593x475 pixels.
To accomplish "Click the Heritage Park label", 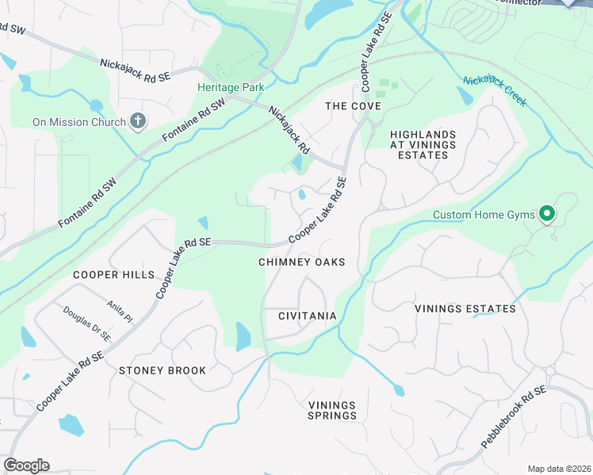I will point(231,87).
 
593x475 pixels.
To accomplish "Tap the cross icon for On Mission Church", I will point(138,122).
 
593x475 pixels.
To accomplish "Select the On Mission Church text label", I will point(79,122).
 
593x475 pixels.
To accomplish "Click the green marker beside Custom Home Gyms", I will point(546,215).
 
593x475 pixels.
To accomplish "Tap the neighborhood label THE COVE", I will point(354,106).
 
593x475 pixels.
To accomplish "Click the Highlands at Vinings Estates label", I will point(424,145).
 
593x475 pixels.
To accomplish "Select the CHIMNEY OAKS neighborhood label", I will point(302,262).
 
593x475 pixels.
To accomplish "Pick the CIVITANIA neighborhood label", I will point(308,316).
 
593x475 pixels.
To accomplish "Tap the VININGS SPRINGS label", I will point(332,410).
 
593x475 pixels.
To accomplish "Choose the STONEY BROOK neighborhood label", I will point(163,370).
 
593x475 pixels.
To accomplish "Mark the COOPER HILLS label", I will point(114,275).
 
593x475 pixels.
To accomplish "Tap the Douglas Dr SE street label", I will point(88,325).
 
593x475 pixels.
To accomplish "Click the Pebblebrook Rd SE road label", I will point(513,419).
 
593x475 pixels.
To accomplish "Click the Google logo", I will point(26,465).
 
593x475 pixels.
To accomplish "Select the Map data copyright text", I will point(559,468).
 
